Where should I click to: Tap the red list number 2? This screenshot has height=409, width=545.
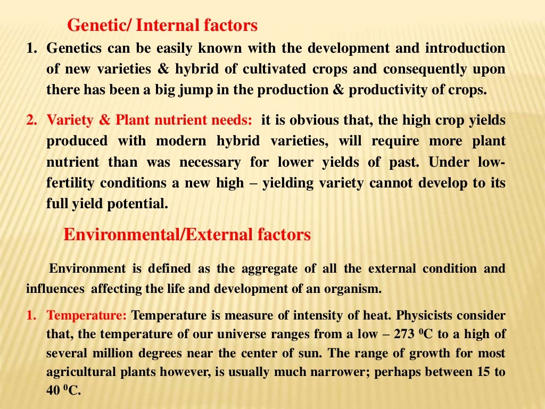point(30,120)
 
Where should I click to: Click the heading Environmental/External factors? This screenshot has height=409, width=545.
point(187,235)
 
